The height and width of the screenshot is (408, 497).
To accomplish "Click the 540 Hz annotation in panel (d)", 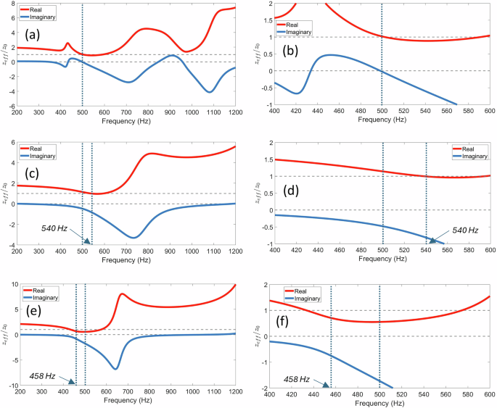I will click(x=465, y=230).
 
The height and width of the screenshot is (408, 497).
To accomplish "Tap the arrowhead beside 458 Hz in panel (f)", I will click(x=326, y=386).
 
